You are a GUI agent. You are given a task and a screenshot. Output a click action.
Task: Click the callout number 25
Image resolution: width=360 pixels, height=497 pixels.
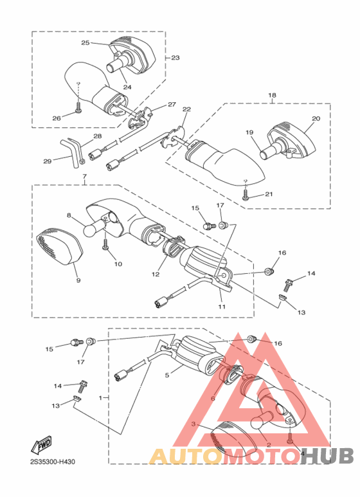(85, 43)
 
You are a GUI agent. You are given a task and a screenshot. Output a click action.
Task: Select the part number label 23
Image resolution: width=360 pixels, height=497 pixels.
(175, 58)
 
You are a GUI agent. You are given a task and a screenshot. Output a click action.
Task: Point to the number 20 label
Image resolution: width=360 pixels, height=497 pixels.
(316, 118)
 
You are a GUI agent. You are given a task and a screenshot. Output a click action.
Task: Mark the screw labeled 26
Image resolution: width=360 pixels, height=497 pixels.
(77, 107)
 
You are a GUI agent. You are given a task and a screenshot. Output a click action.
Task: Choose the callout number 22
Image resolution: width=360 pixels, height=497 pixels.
(186, 109)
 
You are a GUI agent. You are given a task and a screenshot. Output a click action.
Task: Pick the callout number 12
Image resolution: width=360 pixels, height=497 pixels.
(156, 274)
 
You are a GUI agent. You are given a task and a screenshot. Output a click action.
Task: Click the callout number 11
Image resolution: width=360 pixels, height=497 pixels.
(222, 307)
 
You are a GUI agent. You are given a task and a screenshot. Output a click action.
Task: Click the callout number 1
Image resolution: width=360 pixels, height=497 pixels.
(100, 398)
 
